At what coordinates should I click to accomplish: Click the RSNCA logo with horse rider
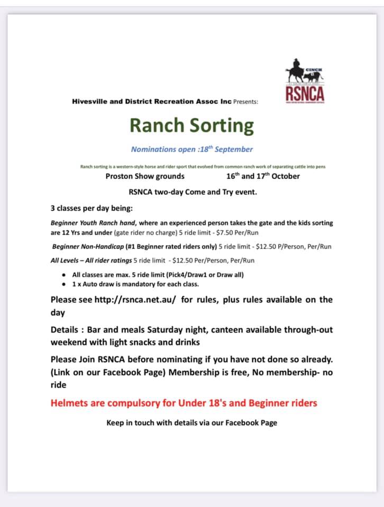click(305, 82)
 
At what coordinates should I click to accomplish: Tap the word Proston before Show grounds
click(120, 176)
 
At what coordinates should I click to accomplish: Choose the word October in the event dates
click(286, 176)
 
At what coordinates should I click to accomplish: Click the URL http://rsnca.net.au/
click(135, 299)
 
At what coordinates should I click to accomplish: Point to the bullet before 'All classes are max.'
click(64, 275)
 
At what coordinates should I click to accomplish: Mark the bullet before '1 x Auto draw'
click(64, 284)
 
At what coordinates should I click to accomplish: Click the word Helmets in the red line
click(69, 403)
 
